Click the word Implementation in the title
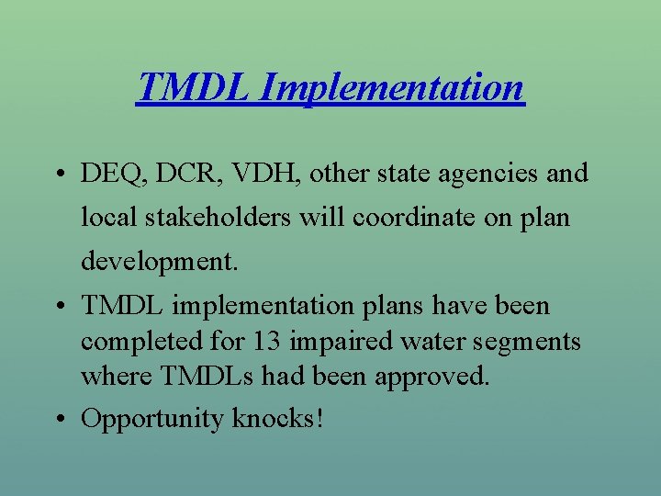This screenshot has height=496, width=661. point(392,88)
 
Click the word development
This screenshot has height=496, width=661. point(159,262)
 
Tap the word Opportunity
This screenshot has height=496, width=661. point(152,419)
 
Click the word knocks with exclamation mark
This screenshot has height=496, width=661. point(278,419)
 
